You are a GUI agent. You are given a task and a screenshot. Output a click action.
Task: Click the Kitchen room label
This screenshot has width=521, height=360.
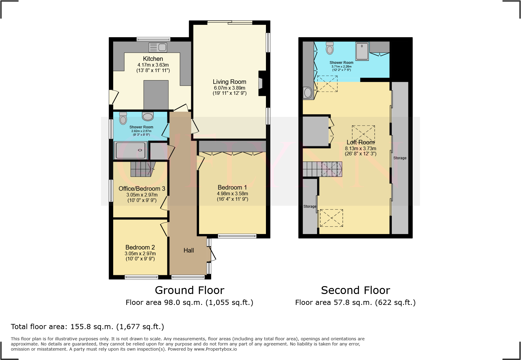point(153,59)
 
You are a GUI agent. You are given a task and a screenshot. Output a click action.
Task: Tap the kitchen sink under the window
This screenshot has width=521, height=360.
point(158,47)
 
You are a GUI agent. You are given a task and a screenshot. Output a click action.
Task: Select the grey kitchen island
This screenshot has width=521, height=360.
point(156,95)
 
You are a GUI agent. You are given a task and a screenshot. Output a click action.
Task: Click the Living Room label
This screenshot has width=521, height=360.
point(229,82)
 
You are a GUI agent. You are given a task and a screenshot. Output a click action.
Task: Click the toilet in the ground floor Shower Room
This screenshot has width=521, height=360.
point(123,118)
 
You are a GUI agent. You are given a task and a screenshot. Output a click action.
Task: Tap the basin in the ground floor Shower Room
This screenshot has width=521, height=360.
point(148,116)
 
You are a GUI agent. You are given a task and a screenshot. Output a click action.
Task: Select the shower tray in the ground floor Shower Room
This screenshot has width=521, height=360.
point(130,150)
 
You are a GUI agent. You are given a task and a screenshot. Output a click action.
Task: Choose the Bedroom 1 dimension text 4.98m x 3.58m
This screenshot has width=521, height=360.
point(232,193)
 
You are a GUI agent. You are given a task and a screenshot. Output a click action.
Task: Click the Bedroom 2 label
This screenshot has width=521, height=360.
point(140,247)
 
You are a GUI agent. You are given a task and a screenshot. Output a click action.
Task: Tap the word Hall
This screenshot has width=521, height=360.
point(188,250)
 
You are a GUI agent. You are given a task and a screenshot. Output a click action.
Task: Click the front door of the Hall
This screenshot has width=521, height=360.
point(211,254)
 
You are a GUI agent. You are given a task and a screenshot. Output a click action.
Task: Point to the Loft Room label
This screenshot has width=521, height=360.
point(360,142)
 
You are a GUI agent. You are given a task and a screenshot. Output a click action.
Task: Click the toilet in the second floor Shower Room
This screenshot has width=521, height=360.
point(330,48)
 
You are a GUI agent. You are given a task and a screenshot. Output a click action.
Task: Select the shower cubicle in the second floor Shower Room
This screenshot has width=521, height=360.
point(362,51)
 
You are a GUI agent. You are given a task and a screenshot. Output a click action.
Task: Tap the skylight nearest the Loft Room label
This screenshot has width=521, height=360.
point(363,134)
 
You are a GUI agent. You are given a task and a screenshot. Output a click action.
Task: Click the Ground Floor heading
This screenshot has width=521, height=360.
point(189,290)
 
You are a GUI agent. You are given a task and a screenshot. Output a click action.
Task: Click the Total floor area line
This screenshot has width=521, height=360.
point(87,327)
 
